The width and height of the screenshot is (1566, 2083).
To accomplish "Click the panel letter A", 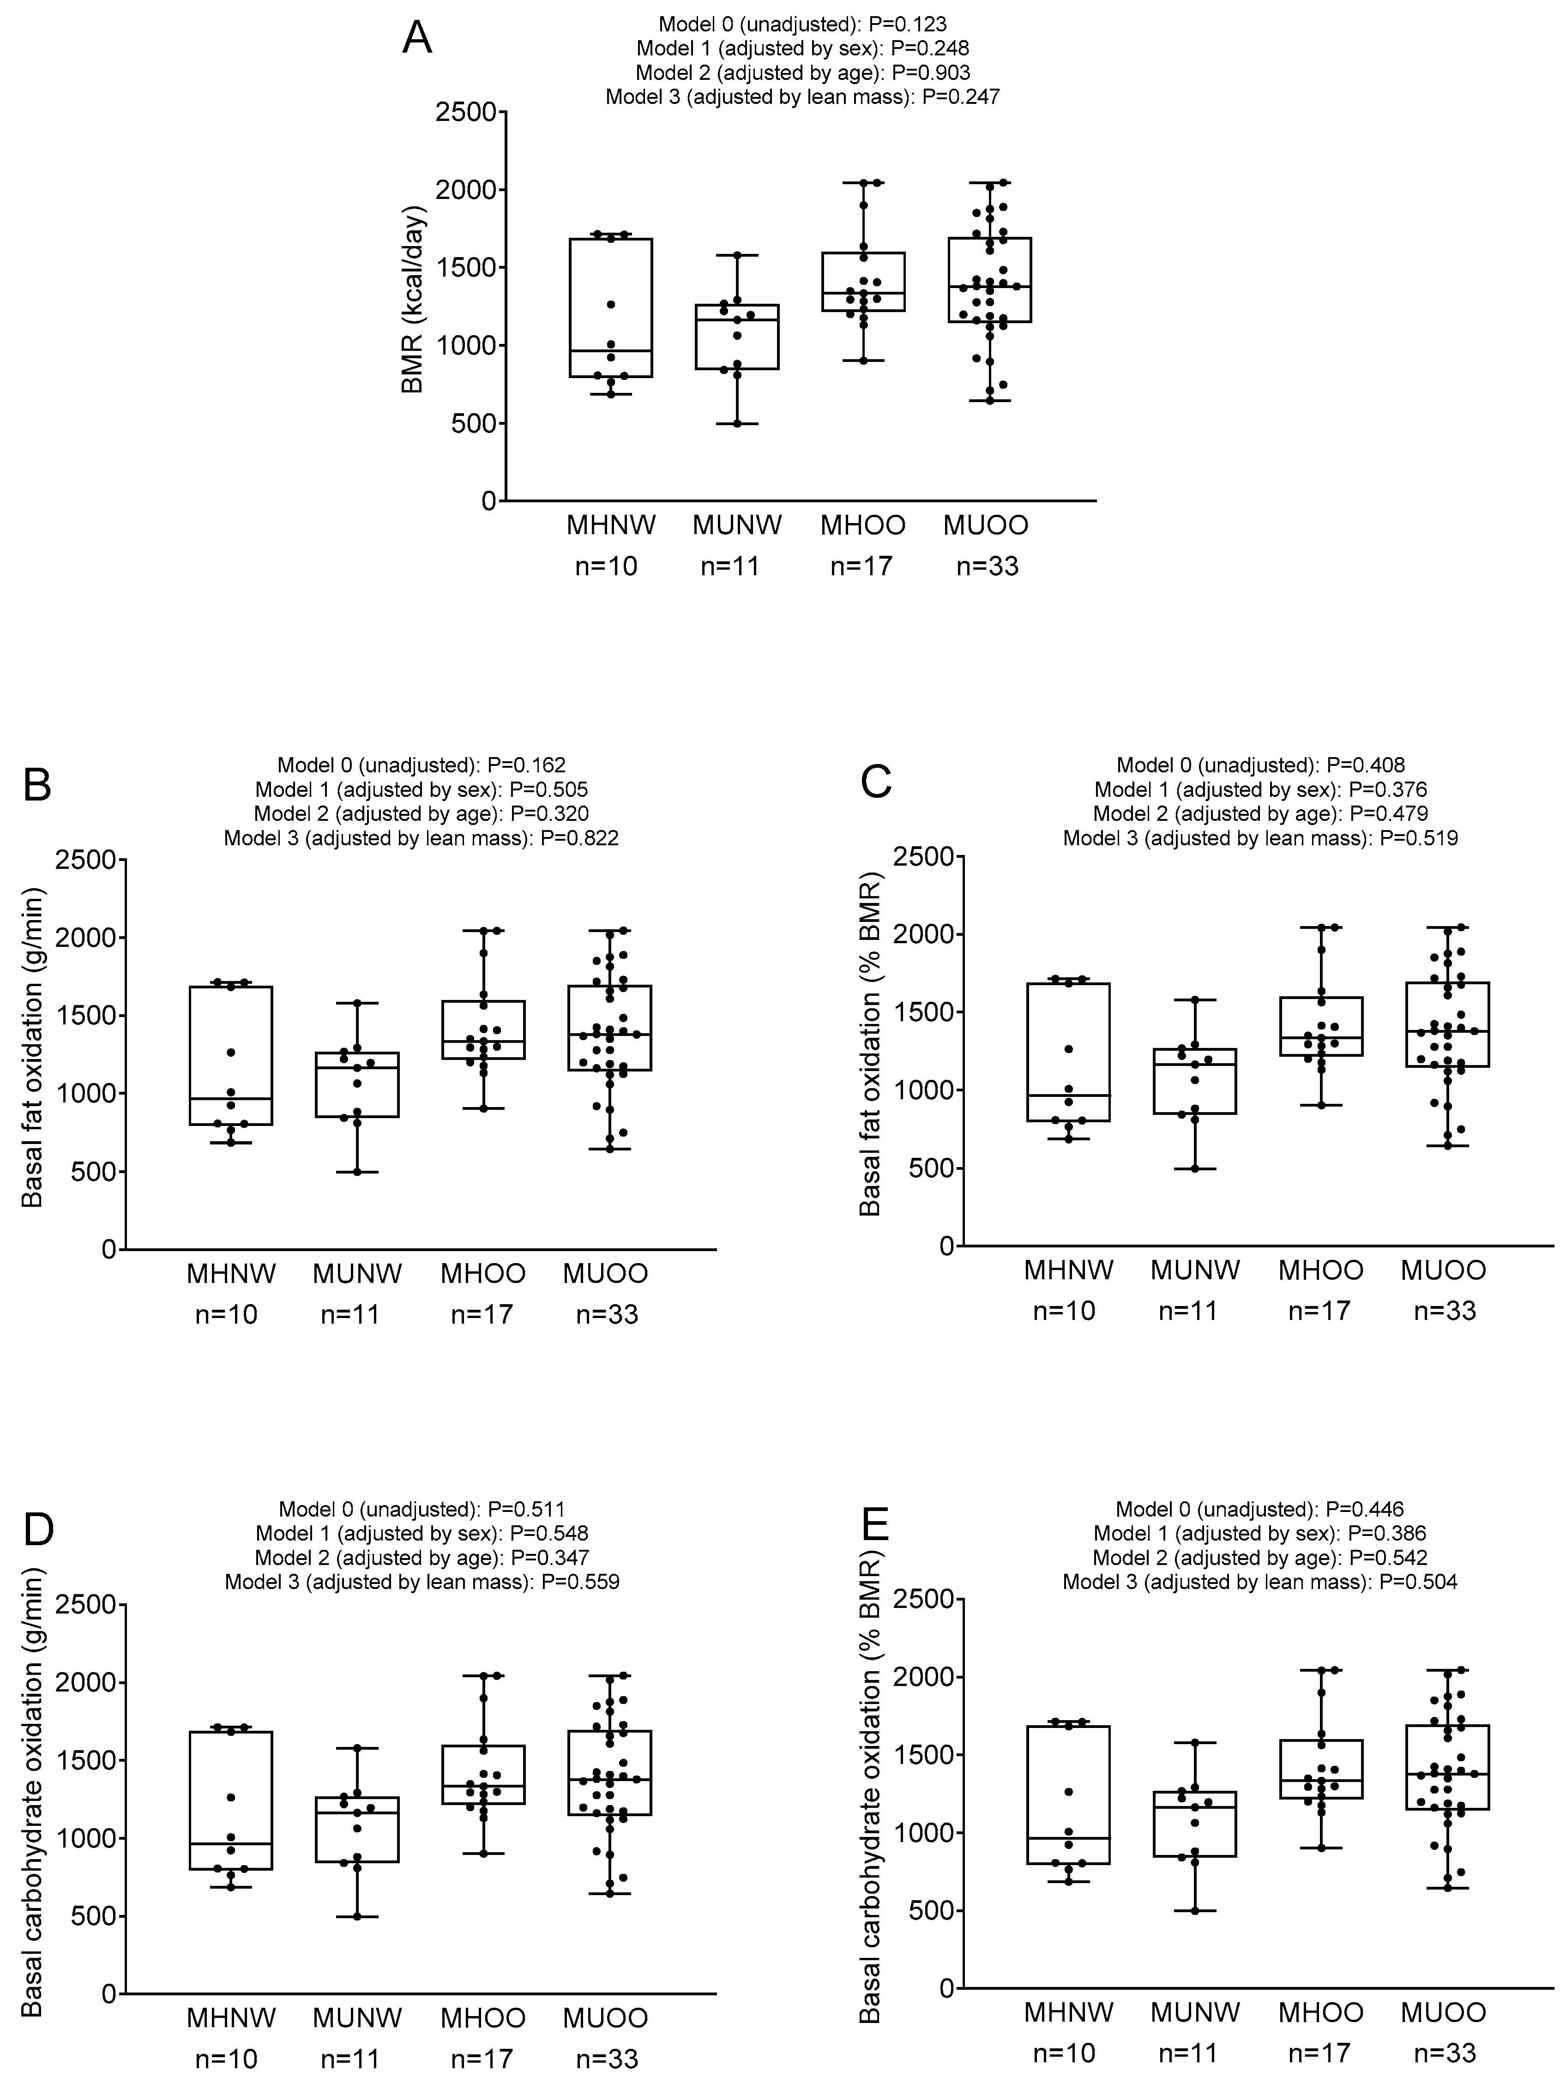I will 417,40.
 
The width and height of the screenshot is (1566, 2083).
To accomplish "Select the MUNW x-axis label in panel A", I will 737,525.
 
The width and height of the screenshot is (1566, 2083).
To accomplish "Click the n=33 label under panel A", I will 987,566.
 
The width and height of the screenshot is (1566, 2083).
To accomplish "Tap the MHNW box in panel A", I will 612,308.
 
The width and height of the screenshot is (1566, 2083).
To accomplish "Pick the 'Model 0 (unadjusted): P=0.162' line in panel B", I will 421,765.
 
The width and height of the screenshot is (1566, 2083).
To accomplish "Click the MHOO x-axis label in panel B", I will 483,1274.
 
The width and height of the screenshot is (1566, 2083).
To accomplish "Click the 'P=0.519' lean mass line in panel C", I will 1260,837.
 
